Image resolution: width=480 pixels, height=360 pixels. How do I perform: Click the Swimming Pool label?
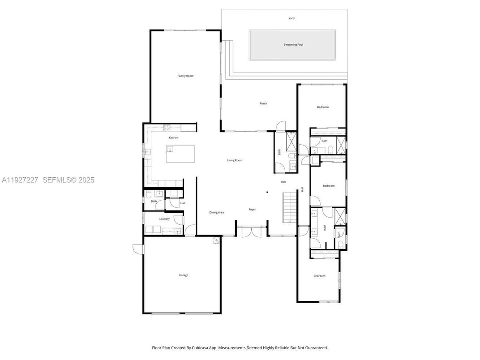click(x=293, y=45)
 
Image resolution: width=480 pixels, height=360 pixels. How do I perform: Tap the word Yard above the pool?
click(x=291, y=18)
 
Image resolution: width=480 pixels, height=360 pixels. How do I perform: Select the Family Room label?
click(x=185, y=76)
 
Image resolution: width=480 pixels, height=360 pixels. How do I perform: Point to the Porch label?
click(x=263, y=103)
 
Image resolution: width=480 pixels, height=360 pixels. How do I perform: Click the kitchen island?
click(x=181, y=154)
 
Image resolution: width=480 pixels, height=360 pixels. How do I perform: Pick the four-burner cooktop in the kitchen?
click(x=167, y=127)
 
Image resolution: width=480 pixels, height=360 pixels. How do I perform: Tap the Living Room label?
click(x=235, y=160)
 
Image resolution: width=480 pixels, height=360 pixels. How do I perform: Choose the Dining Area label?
click(x=217, y=212)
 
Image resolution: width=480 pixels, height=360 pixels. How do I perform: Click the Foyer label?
click(x=252, y=209)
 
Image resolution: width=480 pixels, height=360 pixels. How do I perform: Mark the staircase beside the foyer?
click(x=290, y=206)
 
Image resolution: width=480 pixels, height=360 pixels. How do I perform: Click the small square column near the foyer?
click(x=267, y=193)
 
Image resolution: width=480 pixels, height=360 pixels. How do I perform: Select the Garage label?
click(x=184, y=275)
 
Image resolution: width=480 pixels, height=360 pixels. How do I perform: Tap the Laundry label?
click(x=164, y=219)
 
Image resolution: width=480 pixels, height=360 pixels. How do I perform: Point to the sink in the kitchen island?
click(x=170, y=150)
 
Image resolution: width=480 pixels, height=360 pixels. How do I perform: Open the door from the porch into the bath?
click(x=280, y=127)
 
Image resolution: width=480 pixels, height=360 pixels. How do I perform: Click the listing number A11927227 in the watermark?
click(x=20, y=180)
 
